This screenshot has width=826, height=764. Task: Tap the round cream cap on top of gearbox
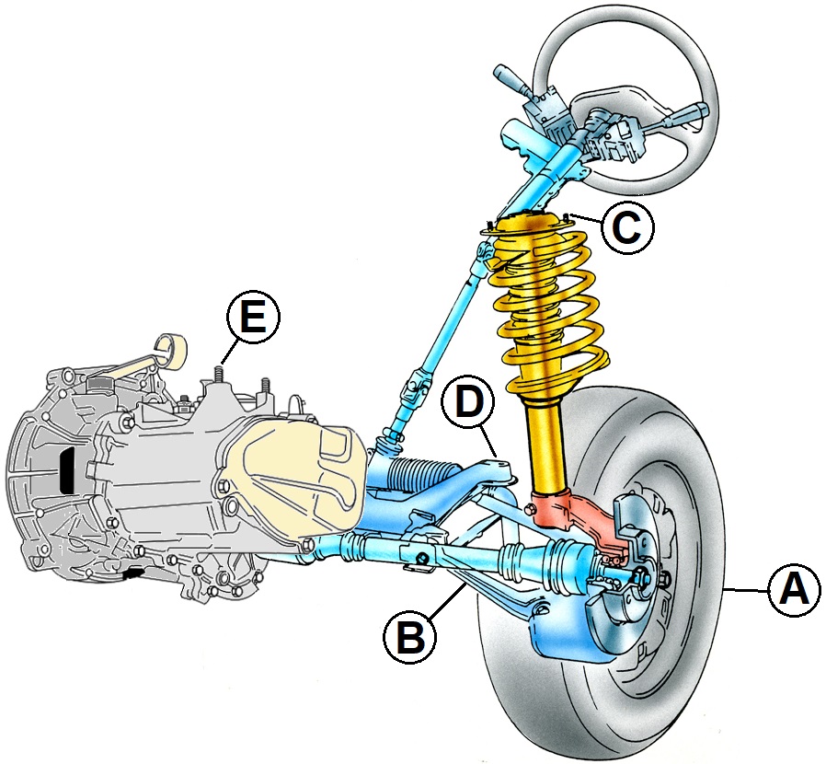coord(173,348)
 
